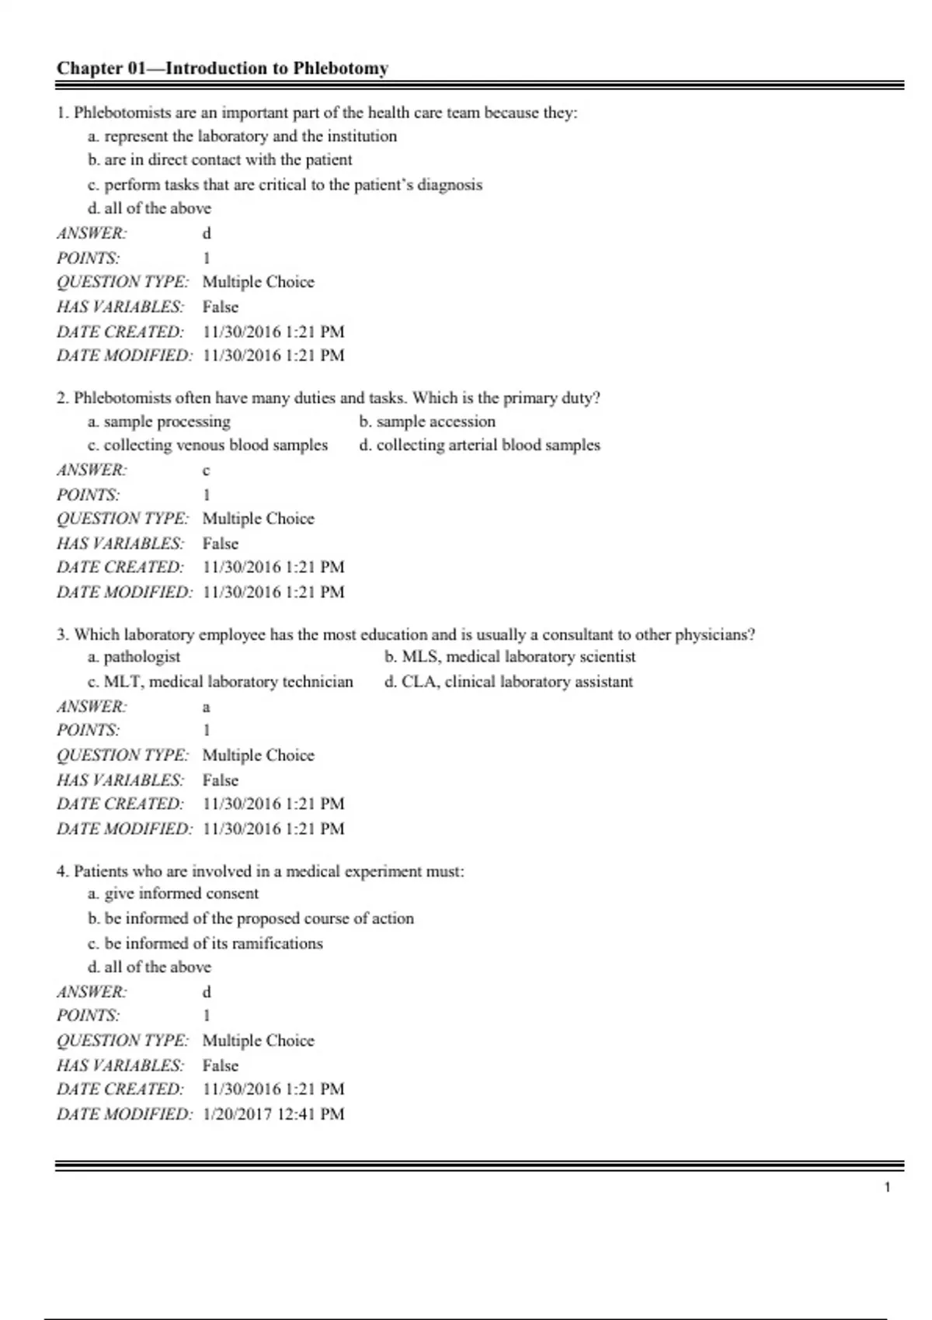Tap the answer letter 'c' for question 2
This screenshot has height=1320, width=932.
tap(206, 471)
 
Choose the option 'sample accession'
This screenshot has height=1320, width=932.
tap(427, 422)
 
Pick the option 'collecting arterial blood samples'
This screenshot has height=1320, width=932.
tap(479, 446)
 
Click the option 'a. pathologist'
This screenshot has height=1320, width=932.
tap(134, 657)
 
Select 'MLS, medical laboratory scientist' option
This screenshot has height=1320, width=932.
tap(510, 657)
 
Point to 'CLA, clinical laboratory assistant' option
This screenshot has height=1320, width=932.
tap(509, 682)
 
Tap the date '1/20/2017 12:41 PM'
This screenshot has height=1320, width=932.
tap(273, 1114)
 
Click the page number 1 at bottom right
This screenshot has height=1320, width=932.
tap(887, 1187)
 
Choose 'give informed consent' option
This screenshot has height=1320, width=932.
tap(173, 894)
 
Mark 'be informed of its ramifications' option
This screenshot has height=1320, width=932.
tap(205, 943)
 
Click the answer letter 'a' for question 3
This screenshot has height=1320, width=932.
tap(206, 707)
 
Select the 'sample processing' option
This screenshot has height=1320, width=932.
tap(159, 422)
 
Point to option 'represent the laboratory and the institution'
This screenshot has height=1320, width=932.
tap(242, 137)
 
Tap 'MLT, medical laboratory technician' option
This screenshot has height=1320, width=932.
tap(220, 682)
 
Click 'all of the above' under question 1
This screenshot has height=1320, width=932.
tap(149, 208)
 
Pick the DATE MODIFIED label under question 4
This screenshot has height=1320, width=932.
tap(123, 1114)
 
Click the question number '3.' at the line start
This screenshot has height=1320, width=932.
tap(63, 635)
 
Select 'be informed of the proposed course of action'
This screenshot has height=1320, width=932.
tap(251, 919)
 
